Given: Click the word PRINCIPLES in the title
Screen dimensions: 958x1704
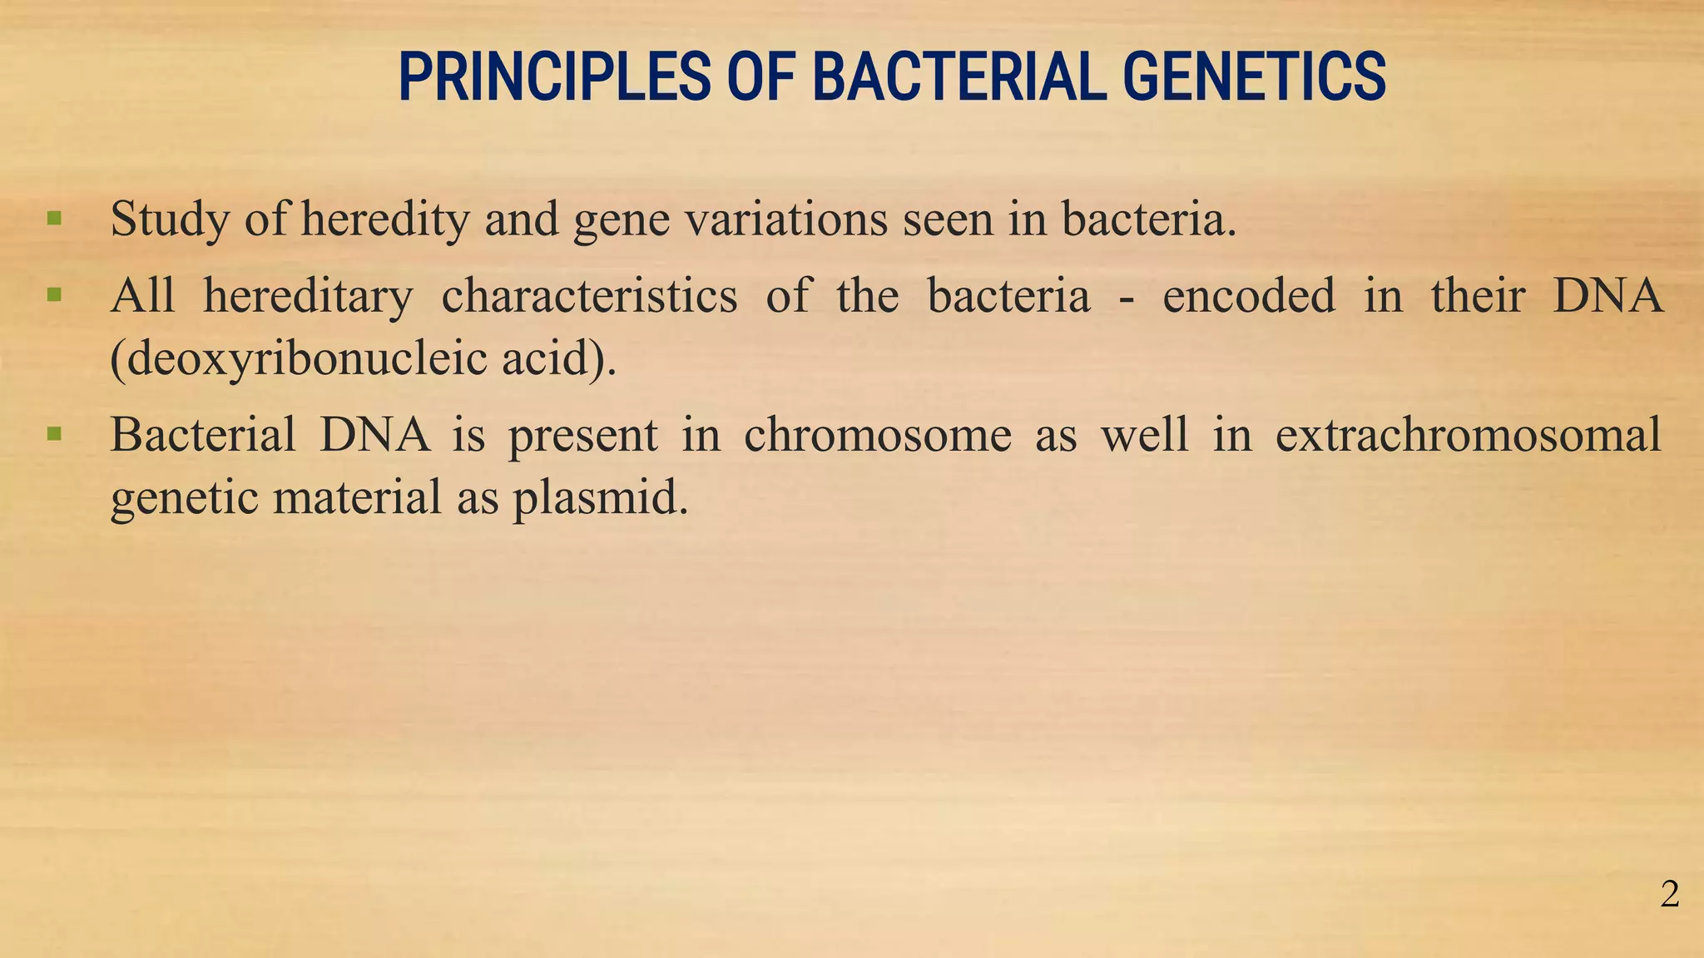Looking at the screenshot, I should (x=554, y=77).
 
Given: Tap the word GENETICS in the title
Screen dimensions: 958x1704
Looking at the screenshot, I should (x=1254, y=77).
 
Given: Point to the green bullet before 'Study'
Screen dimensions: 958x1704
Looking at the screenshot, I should (x=55, y=220).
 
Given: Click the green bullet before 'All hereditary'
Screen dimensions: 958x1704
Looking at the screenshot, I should (x=55, y=295).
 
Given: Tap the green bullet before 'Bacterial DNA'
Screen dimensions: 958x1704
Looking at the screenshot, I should (x=55, y=434).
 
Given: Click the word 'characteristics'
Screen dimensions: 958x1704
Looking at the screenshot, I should (x=588, y=296).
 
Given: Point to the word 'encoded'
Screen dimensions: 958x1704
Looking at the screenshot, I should (x=1248, y=296).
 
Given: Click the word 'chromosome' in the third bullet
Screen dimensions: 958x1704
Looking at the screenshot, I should (x=877, y=435).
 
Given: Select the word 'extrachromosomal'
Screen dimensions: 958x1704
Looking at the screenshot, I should (x=1468, y=435).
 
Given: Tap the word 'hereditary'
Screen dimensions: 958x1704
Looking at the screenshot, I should (x=308, y=296).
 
